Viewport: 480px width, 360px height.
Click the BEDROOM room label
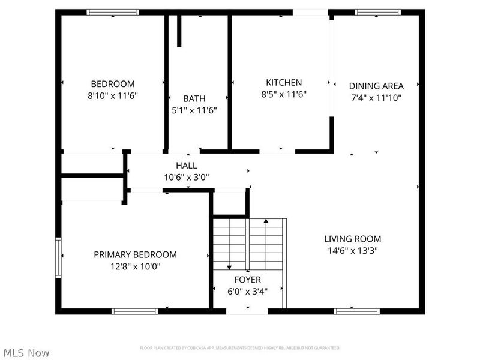coord(113,84)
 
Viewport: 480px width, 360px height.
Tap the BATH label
coord(194,98)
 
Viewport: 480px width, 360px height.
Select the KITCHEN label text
coord(284,82)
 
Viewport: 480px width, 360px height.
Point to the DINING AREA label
coord(376,86)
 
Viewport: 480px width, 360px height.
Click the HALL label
coord(187,166)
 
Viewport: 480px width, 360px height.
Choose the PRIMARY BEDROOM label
coord(135,254)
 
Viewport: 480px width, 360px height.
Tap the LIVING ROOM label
coord(353,239)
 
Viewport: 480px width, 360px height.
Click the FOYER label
coord(247,280)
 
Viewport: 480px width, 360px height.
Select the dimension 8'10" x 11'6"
coord(113,95)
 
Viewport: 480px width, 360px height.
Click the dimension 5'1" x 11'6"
coord(194,110)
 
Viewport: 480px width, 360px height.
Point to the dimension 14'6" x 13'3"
coord(353,250)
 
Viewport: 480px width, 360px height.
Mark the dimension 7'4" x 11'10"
coord(376,97)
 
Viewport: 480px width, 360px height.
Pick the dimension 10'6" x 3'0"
coord(187,177)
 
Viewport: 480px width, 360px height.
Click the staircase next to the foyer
coord(249,244)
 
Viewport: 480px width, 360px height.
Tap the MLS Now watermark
coord(27,353)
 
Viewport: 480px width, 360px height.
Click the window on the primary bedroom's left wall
coord(59,257)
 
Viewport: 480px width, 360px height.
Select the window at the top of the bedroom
coord(113,12)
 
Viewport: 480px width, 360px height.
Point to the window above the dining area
coord(377,12)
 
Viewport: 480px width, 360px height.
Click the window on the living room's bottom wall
coord(356,311)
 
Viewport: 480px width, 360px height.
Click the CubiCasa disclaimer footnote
coord(240,348)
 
